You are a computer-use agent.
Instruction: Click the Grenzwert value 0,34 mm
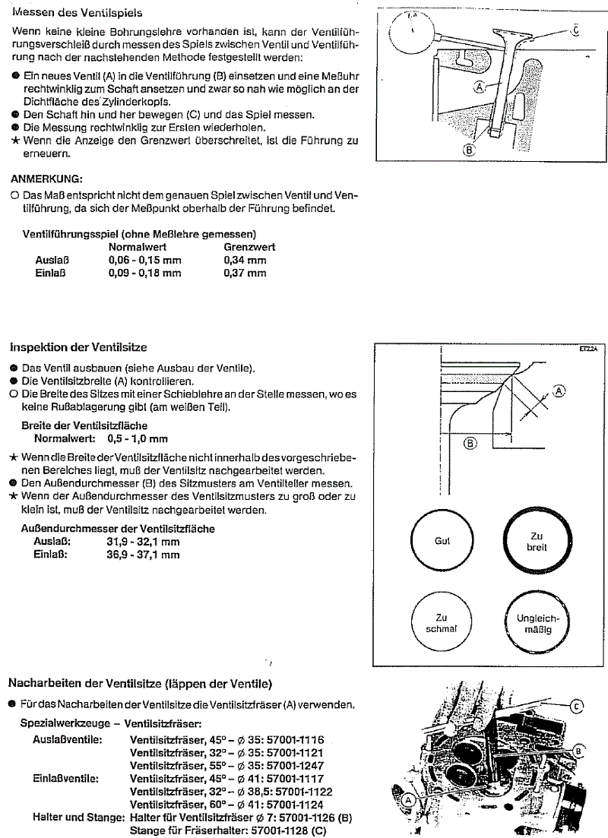click(245, 260)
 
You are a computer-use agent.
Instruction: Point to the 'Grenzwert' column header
click(249, 247)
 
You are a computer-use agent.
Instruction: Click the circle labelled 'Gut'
click(442, 541)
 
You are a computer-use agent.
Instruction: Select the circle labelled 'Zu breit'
click(537, 541)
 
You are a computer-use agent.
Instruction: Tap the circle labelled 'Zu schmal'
click(442, 623)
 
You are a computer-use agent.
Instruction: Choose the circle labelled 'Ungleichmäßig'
click(537, 623)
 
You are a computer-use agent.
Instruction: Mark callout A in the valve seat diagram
click(560, 391)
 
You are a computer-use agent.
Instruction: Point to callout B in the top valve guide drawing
click(469, 150)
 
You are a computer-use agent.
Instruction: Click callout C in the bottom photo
click(576, 706)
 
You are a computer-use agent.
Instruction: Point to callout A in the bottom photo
click(407, 799)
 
